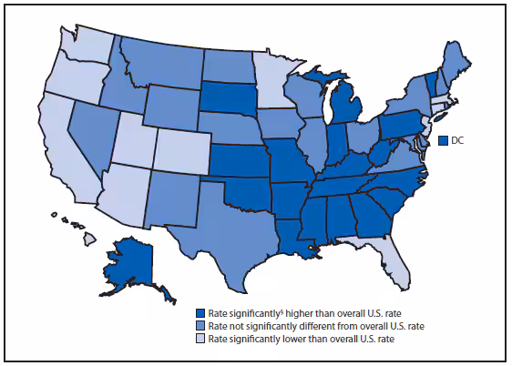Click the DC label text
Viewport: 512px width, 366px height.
coord(459,140)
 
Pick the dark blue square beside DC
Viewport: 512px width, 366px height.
coord(443,140)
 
